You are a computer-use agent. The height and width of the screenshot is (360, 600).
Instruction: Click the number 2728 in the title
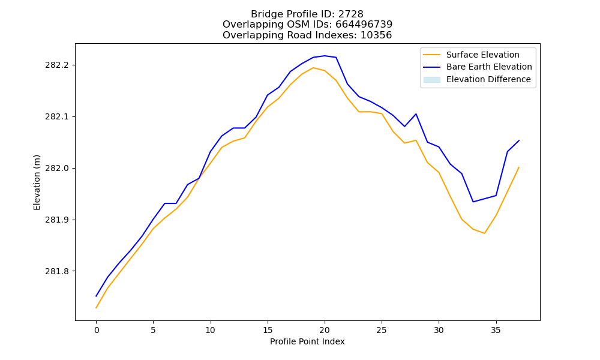tap(350, 14)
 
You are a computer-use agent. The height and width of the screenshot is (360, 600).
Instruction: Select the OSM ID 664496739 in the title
tap(364, 25)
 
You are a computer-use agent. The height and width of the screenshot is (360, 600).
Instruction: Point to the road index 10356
tap(376, 35)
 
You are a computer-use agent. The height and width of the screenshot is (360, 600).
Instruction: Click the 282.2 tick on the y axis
tap(57, 65)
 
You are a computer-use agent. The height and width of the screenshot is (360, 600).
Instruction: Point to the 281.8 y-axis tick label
tap(57, 272)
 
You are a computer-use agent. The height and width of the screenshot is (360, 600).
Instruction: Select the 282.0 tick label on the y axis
tap(57, 169)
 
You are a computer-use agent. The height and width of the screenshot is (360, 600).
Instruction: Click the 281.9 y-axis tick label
tap(57, 220)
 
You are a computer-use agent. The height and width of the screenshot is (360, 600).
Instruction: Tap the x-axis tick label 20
tap(325, 330)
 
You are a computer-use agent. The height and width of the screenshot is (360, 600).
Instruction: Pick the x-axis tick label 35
tap(496, 330)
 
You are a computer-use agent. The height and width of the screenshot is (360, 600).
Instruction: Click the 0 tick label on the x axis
tap(97, 330)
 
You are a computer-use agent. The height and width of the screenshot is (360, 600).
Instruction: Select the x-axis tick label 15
tap(268, 330)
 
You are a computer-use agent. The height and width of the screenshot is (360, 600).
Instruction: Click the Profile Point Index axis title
tap(307, 341)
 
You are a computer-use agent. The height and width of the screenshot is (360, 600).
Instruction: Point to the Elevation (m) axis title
tap(37, 182)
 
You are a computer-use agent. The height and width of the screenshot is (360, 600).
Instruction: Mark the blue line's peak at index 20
tap(325, 56)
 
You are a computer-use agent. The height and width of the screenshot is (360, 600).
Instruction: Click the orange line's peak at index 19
tap(313, 68)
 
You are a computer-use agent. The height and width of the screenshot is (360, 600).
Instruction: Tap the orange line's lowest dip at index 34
tap(484, 233)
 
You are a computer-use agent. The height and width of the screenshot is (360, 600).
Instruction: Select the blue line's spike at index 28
tap(416, 114)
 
